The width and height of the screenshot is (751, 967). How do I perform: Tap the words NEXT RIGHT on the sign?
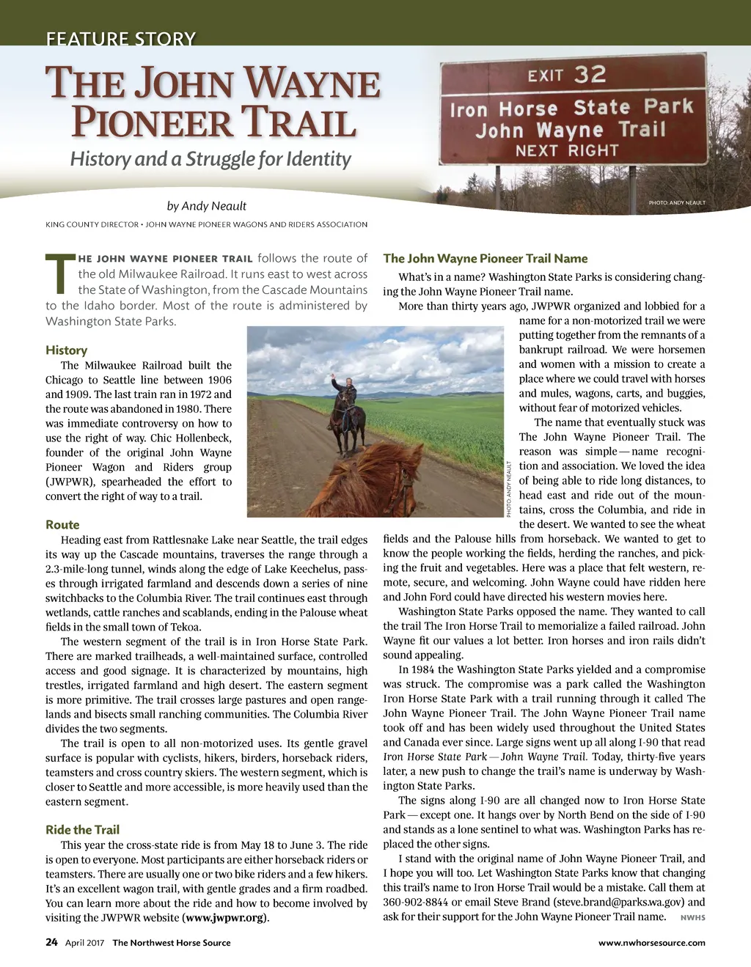point(567,151)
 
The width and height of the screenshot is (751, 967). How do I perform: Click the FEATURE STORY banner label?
point(121,39)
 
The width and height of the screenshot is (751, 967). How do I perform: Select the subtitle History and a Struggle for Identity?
point(210,159)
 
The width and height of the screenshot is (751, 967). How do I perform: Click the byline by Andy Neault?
point(206,206)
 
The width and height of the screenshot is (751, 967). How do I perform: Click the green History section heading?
point(66,350)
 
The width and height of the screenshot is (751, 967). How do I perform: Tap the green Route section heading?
point(62,525)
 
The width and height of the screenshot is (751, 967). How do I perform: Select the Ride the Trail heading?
point(82,830)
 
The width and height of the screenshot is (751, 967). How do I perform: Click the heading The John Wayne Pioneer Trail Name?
point(485,258)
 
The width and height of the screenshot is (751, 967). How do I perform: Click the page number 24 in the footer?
point(51,943)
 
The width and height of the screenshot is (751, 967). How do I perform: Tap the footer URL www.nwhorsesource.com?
point(651,943)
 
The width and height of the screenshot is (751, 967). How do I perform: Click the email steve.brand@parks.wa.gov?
point(621,902)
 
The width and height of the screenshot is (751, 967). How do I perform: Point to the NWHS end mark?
point(692,918)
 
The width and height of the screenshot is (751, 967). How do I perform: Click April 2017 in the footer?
point(85,943)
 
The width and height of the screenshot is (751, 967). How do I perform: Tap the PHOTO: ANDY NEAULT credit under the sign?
point(676,203)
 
